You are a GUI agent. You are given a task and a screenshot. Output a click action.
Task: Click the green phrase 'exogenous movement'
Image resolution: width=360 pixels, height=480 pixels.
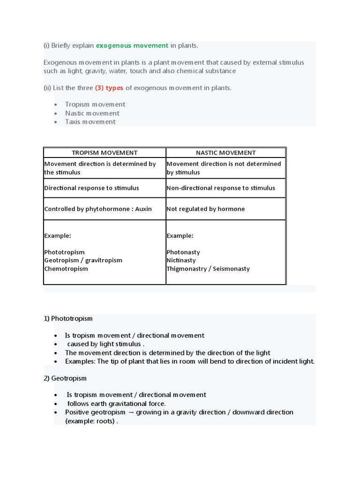(132, 45)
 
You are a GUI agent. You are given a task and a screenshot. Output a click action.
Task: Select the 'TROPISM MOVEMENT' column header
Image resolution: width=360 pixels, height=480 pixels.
(105, 152)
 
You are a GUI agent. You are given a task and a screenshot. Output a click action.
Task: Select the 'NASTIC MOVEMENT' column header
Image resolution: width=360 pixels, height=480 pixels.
(226, 152)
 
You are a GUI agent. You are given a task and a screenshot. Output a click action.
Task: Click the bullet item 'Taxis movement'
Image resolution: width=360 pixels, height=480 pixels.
(90, 122)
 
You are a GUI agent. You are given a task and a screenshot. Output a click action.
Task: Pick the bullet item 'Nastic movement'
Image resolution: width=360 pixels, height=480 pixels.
(92, 113)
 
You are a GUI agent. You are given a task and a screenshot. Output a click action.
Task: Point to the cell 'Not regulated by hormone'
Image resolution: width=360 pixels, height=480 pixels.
(205, 209)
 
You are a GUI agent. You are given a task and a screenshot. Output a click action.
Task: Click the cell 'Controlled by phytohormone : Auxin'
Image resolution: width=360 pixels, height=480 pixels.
(98, 209)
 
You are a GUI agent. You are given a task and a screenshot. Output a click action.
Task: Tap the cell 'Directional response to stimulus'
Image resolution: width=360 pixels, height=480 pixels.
(91, 188)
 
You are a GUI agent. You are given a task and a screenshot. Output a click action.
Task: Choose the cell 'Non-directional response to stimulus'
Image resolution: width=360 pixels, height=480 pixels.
(221, 188)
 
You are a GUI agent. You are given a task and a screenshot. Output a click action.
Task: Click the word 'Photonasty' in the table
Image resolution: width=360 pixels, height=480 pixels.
(183, 252)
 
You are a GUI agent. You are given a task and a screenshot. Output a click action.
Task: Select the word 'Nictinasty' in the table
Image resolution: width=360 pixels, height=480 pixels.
(181, 260)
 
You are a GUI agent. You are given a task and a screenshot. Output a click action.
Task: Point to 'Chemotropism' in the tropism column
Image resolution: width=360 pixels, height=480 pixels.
(66, 269)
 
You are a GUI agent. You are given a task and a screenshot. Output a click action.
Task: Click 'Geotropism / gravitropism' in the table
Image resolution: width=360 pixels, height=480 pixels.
(83, 260)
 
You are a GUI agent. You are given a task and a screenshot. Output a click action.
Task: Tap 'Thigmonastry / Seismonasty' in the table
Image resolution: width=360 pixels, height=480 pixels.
(208, 269)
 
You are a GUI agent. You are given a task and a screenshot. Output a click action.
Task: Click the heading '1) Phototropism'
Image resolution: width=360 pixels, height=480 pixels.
(68, 318)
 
